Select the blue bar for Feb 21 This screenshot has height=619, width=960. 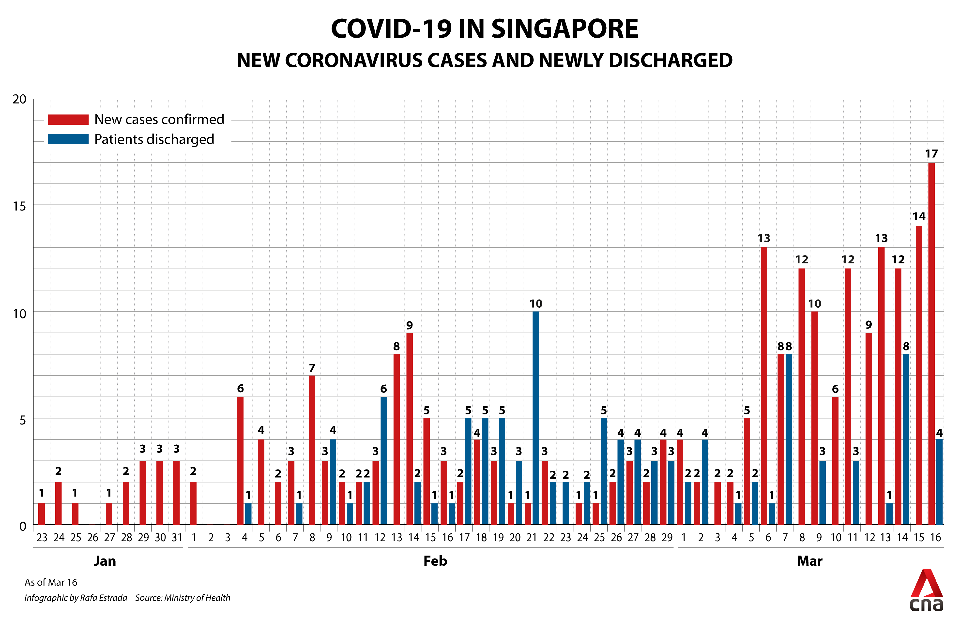(535, 418)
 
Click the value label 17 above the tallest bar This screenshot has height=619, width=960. (931, 154)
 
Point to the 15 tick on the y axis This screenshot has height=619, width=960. (19, 206)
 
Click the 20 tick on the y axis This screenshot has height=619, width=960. (19, 99)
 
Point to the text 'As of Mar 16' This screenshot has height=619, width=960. (51, 582)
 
